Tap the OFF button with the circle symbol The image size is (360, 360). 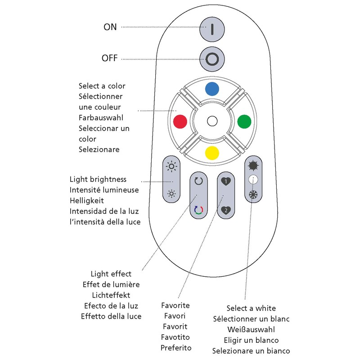pyautogui.click(x=212, y=59)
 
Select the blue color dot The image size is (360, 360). pyautogui.click(x=212, y=89)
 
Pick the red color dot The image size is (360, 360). pyautogui.click(x=180, y=121)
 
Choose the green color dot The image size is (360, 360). pyautogui.click(x=243, y=121)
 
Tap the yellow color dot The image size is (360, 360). pyautogui.click(x=212, y=153)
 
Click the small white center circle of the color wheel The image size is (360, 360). pyautogui.click(x=212, y=121)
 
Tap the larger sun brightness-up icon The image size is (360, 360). pyautogui.click(x=171, y=167)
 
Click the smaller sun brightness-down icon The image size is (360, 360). pyautogui.click(x=171, y=194)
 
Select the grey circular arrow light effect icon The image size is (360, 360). pyautogui.click(x=198, y=181)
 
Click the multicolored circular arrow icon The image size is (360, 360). pyautogui.click(x=198, y=210)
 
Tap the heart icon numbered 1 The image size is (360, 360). pyautogui.click(x=225, y=182)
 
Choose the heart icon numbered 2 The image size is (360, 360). pyautogui.click(x=225, y=210)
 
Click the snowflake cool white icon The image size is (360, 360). pyautogui.click(x=252, y=195)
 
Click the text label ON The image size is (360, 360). pyautogui.click(x=110, y=27)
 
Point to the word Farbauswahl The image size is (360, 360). pyautogui.click(x=100, y=117)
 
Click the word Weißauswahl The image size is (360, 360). pyautogui.click(x=251, y=330)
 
